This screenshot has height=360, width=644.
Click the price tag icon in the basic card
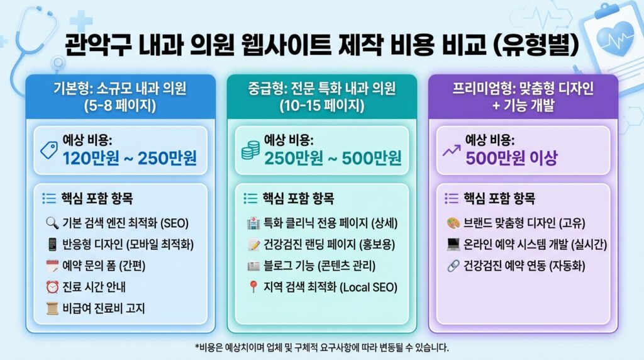point(48,150)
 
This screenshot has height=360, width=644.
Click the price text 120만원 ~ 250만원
point(129,158)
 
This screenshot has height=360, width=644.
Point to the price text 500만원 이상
point(511,158)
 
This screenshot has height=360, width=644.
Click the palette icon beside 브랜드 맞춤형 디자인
point(453,223)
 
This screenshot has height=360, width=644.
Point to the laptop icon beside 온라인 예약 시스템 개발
point(453,244)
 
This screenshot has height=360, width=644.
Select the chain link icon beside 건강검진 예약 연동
point(453,266)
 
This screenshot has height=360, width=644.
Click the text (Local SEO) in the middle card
point(369,288)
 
